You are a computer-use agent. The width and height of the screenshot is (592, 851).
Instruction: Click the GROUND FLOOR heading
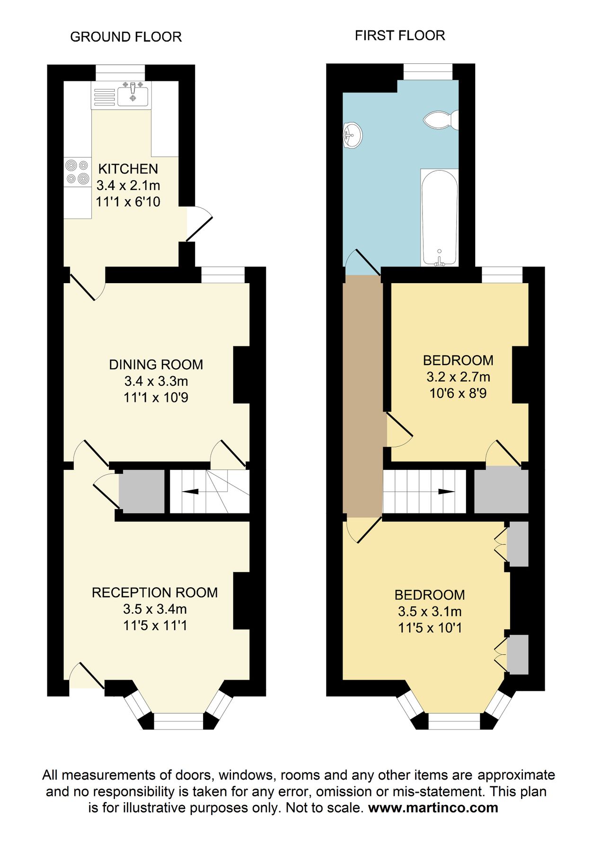click(126, 37)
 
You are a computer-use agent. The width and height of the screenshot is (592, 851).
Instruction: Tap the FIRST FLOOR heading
click(400, 35)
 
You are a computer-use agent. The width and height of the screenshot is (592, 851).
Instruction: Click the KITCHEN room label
click(128, 169)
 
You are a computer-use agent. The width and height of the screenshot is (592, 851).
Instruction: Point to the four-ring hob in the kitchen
click(77, 172)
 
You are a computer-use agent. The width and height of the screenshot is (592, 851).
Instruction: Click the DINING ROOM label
click(156, 365)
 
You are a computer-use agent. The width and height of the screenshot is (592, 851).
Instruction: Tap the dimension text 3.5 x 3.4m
click(155, 609)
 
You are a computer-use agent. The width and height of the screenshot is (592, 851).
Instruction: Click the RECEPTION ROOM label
click(155, 592)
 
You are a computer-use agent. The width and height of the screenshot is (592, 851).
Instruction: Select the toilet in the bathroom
click(441, 120)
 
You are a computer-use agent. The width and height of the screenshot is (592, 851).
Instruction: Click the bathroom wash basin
click(352, 135)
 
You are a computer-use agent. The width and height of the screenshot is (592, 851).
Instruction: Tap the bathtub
click(439, 217)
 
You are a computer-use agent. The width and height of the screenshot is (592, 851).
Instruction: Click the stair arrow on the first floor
click(445, 492)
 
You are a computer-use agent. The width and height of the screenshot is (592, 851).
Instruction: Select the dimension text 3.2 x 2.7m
click(458, 377)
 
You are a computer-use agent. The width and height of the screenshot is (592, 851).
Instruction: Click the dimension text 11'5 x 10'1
click(430, 628)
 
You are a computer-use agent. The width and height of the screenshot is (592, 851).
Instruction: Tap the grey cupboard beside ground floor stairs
click(141, 492)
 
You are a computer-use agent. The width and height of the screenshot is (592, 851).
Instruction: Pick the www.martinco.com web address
click(433, 807)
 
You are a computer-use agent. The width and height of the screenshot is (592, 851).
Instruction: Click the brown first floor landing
click(362, 397)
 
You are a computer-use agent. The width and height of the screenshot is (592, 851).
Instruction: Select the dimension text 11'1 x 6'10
click(128, 202)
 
